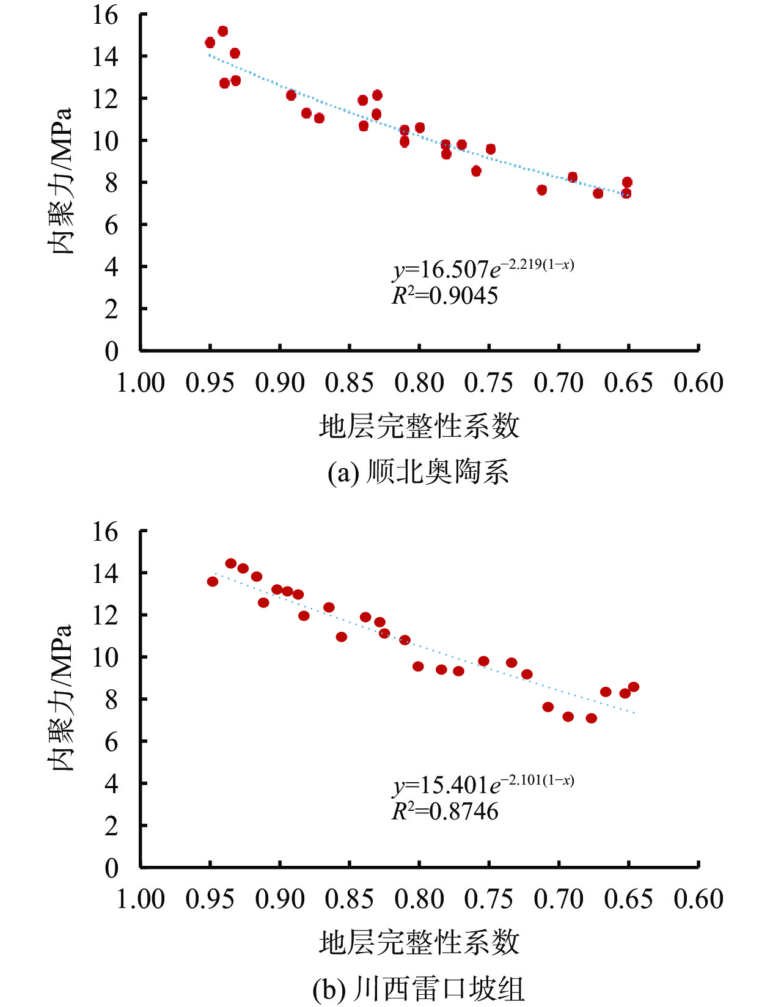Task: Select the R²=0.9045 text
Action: [445, 296]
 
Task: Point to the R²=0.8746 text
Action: [445, 811]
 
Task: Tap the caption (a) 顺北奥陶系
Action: [419, 472]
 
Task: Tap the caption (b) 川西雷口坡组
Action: [419, 989]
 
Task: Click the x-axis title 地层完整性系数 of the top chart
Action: [419, 426]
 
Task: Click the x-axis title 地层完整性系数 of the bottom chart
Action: [419, 942]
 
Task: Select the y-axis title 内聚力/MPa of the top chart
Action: [61, 181]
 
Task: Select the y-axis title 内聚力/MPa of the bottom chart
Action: [61, 698]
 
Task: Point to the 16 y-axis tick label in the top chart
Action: [105, 15]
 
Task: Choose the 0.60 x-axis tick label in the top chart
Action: [698, 383]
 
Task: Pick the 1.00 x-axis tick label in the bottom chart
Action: [141, 899]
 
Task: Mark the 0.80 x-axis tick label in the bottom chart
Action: [419, 899]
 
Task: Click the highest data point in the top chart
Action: [223, 31]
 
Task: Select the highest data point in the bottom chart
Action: [231, 563]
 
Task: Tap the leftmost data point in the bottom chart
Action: [213, 582]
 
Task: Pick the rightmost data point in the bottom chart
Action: [634, 687]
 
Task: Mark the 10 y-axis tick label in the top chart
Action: [105, 141]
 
